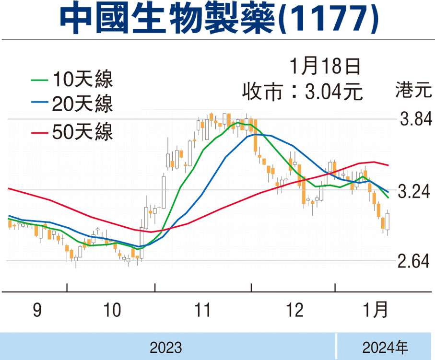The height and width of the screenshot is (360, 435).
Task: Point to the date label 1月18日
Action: pyautogui.click(x=325, y=66)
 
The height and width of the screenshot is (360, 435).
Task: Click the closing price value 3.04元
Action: pyautogui.click(x=334, y=91)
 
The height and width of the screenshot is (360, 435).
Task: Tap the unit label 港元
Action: pyautogui.click(x=411, y=91)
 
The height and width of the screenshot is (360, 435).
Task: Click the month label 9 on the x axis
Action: pyautogui.click(x=37, y=311)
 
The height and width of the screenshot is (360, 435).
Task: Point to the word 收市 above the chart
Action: pyautogui.click(x=261, y=91)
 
